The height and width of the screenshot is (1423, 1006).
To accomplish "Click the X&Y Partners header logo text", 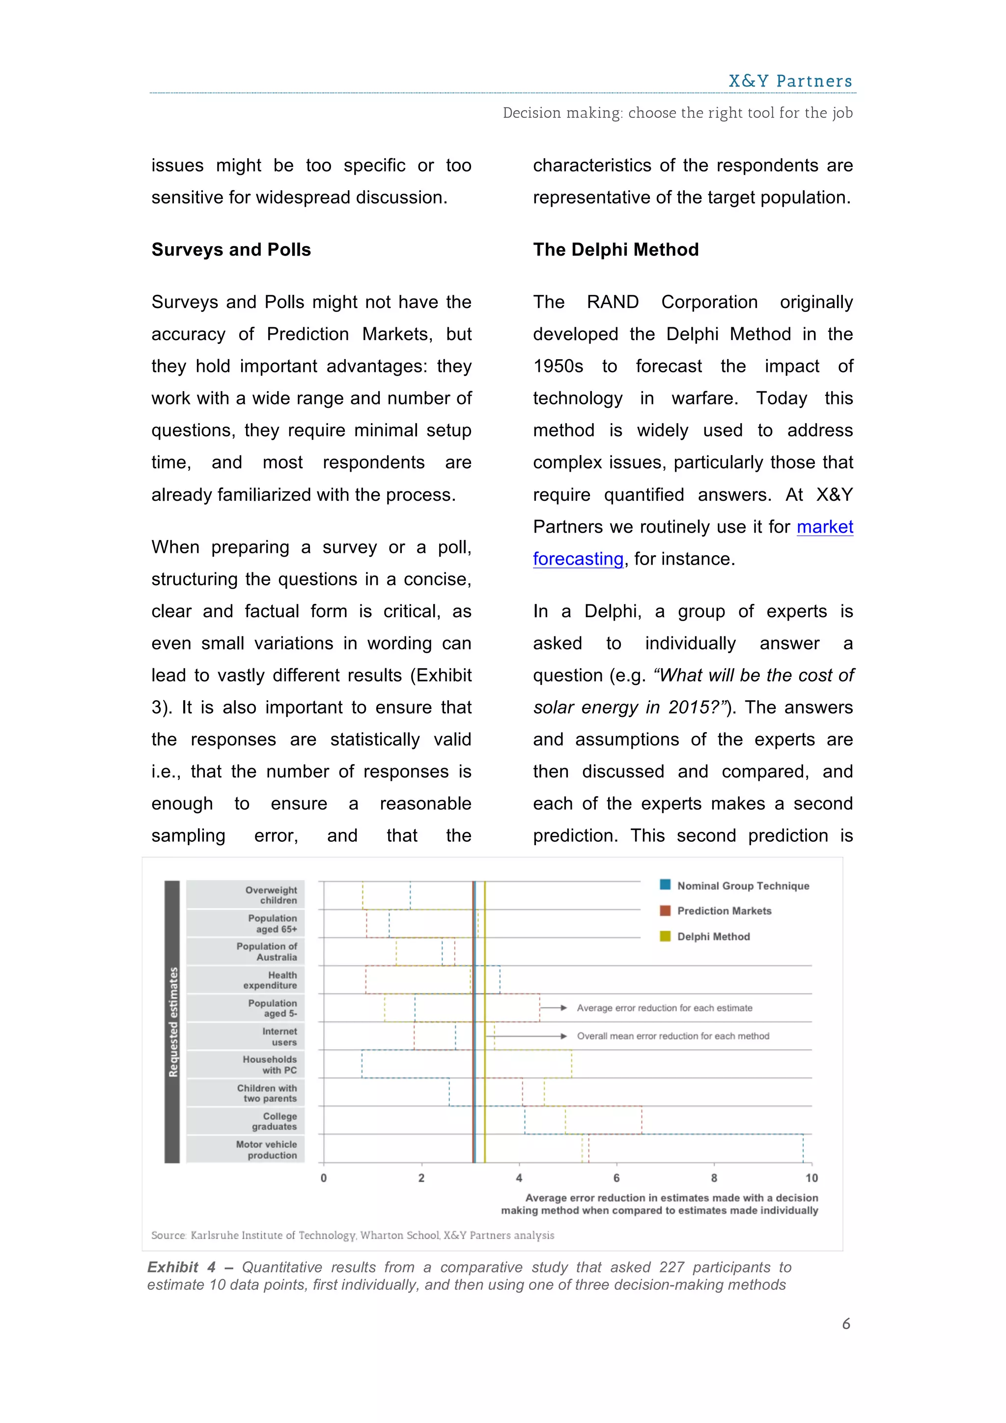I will point(790,81).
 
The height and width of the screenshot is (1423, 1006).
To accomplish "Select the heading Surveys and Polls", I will point(231,250).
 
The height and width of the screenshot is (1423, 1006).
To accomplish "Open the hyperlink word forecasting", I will point(578,559).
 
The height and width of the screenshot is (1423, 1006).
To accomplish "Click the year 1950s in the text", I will point(558,366).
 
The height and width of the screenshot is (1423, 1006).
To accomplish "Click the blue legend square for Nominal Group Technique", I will point(665,884).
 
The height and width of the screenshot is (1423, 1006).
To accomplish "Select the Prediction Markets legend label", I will point(724,911).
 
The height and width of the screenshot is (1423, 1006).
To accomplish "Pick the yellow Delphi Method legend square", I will point(665,936).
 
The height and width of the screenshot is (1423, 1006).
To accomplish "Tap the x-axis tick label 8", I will point(714,1178).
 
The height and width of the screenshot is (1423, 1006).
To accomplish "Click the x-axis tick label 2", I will point(421,1178).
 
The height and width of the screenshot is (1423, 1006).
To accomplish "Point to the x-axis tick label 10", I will point(811,1178).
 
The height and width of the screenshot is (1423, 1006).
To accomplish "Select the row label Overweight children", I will point(271,895).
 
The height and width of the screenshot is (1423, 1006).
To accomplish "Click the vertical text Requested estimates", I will point(173,1022).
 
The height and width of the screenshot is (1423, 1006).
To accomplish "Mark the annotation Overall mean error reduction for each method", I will point(673,1036).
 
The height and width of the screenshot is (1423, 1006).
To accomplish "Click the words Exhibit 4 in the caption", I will point(181,1267).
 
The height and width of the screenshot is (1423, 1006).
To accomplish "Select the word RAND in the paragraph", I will point(612,303).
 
